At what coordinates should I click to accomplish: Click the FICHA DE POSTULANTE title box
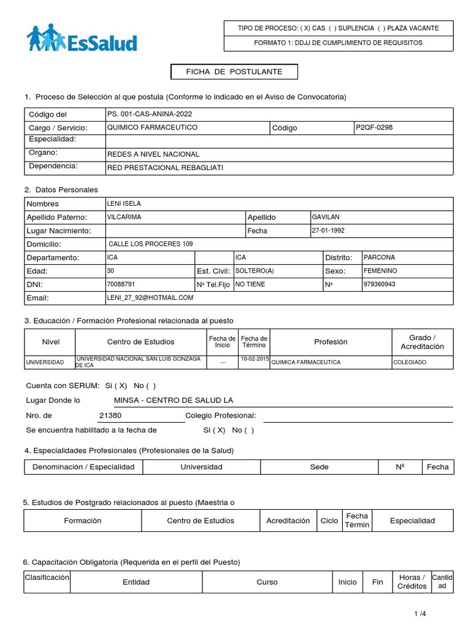tap(234, 72)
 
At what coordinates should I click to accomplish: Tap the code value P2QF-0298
tap(373, 128)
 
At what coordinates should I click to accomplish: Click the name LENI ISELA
tap(124, 203)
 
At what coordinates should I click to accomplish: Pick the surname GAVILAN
tap(326, 217)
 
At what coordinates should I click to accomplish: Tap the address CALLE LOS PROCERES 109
tap(150, 244)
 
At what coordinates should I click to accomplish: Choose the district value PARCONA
tap(379, 257)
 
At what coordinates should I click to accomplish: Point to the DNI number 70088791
tap(121, 284)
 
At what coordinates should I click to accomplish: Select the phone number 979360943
tap(380, 284)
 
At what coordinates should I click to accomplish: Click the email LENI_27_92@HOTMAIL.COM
tap(150, 297)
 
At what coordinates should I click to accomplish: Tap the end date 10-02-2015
tap(254, 359)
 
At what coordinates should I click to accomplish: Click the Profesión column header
tap(331, 342)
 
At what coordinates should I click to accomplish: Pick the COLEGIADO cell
tap(410, 362)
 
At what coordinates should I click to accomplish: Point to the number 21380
tap(110, 416)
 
